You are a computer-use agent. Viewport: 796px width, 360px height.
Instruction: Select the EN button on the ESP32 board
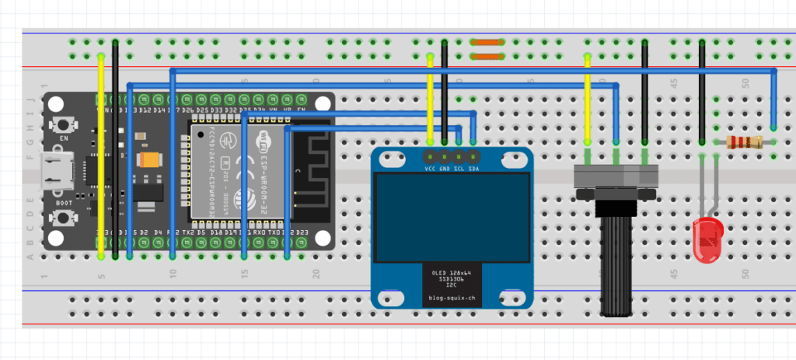point(65,124)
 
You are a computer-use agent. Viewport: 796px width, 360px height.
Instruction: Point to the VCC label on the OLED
point(430,169)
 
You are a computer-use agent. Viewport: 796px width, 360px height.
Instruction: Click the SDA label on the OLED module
point(473,169)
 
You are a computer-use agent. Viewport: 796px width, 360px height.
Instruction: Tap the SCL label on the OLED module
point(459,169)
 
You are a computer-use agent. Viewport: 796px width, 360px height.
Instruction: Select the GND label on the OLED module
point(444,169)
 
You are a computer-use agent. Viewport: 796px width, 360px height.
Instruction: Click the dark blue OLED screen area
point(452,217)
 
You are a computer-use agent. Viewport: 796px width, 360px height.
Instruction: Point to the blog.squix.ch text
point(451,299)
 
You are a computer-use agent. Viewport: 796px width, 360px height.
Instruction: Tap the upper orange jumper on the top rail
point(487,44)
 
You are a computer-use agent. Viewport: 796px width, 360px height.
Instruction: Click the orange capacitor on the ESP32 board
point(147,160)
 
